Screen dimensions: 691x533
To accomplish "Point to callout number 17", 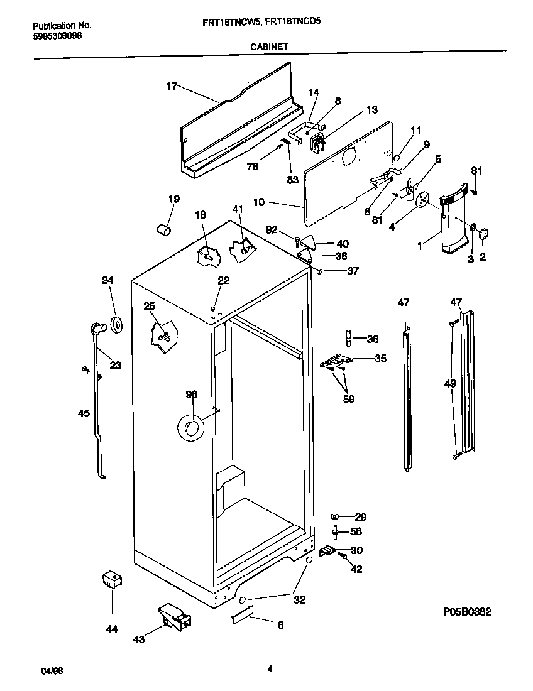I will tap(172, 87).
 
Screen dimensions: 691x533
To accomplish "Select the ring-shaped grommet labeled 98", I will tap(190, 428).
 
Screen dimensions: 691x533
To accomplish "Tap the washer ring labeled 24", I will tap(116, 325).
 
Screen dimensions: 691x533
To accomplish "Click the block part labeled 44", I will tap(111, 580).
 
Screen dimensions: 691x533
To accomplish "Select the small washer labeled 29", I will tap(335, 516).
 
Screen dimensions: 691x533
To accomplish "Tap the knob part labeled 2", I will tap(484, 234).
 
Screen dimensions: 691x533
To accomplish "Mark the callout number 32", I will tap(299, 600).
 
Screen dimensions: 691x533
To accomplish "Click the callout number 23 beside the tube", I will tap(115, 365).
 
